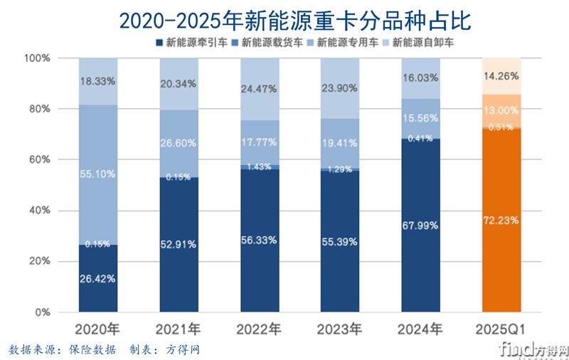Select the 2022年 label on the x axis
click(260, 329)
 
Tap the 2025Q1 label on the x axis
click(501, 329)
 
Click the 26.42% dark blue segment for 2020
click(97, 279)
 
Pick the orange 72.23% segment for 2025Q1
click(501, 221)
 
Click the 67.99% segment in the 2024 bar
click(421, 226)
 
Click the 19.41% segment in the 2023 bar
click(340, 142)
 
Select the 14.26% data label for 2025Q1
click(501, 76)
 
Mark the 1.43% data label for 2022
click(260, 166)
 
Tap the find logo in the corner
click(534, 349)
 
